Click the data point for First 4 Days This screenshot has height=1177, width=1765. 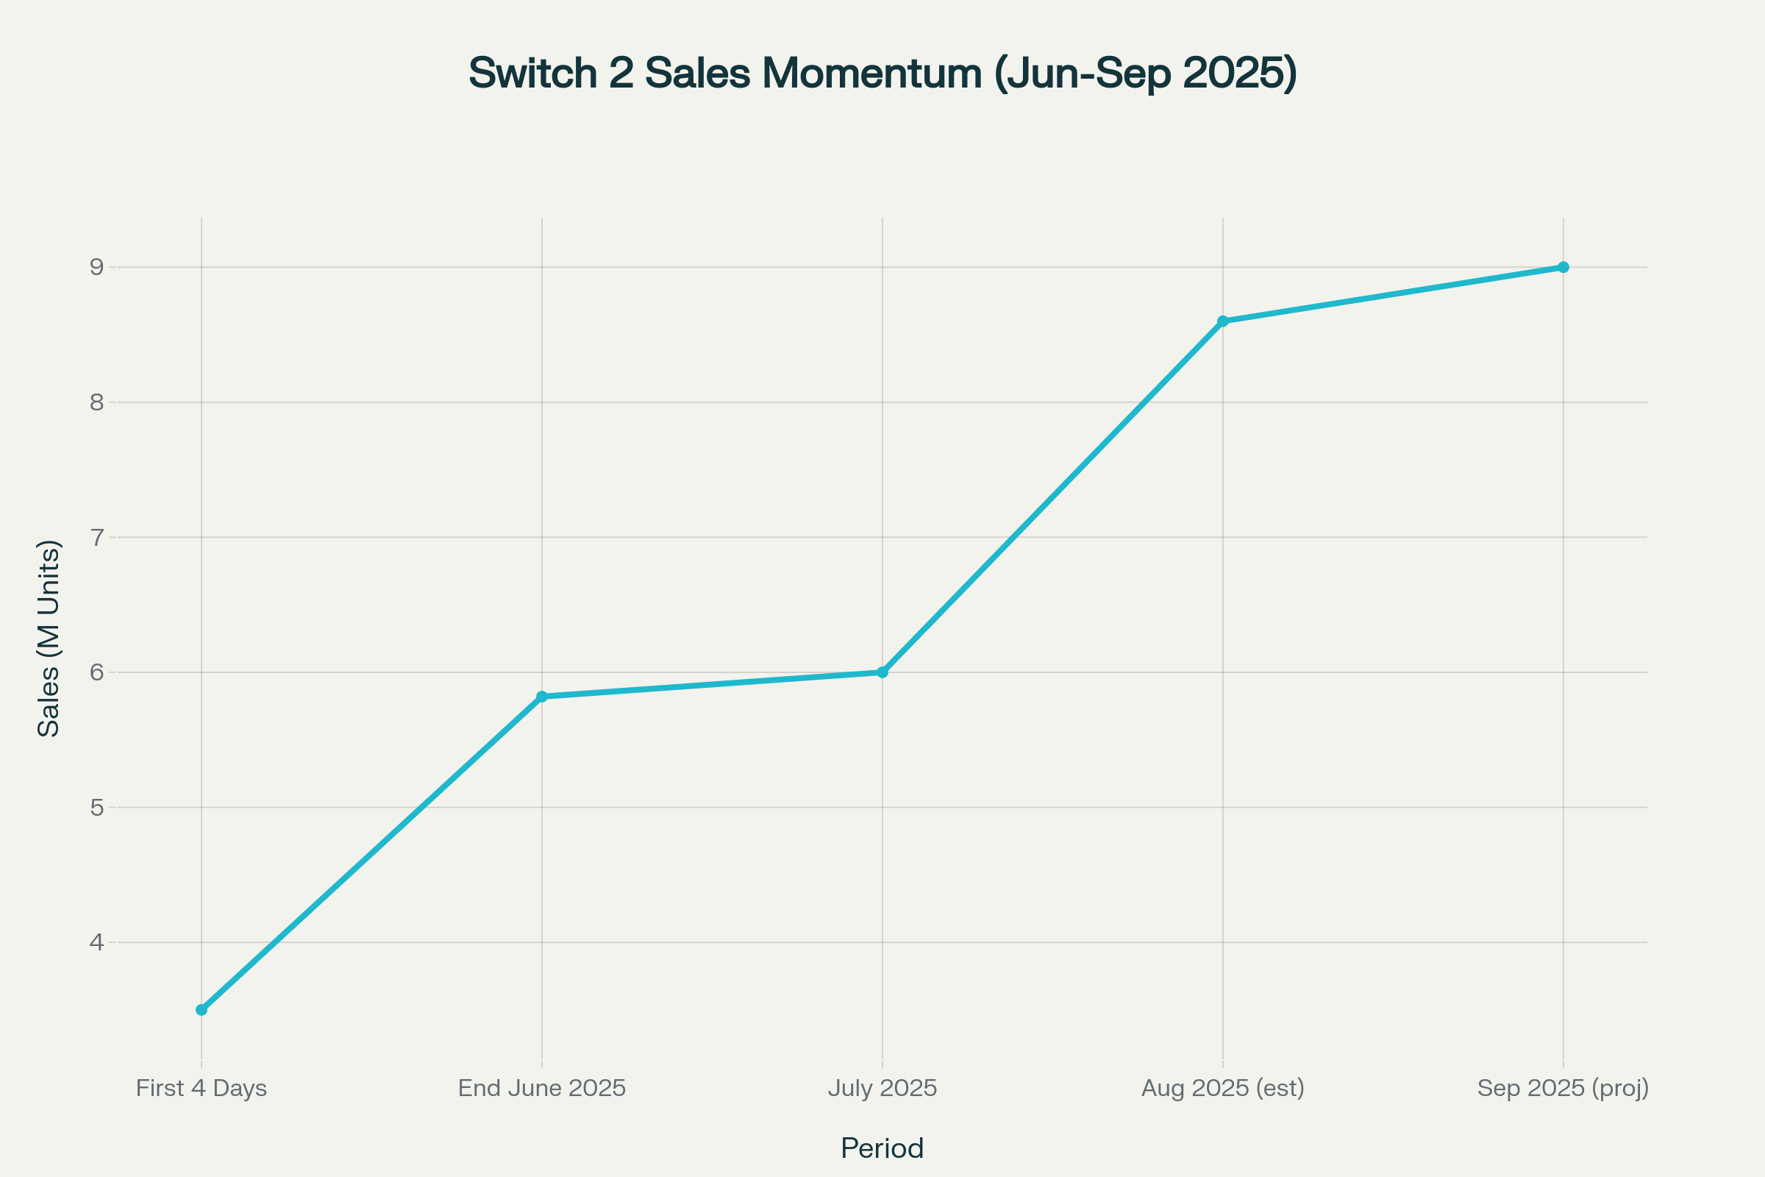(x=201, y=1009)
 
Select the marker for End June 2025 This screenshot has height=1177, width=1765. (x=542, y=697)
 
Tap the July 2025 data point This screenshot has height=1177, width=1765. (x=883, y=672)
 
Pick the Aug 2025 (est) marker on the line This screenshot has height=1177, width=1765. (x=1223, y=321)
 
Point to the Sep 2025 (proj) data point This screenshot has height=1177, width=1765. (x=1563, y=267)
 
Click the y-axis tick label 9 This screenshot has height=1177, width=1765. (x=97, y=267)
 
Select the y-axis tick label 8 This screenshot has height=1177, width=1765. (x=97, y=402)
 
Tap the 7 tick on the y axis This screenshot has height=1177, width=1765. (x=97, y=538)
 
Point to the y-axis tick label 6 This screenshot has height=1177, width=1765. (x=97, y=672)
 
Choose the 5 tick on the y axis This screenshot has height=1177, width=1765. (x=97, y=808)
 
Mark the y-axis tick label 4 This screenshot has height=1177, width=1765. (x=97, y=942)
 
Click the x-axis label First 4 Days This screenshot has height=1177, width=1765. (x=201, y=1089)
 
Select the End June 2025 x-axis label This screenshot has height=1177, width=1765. (x=542, y=1089)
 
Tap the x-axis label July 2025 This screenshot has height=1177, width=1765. (x=883, y=1089)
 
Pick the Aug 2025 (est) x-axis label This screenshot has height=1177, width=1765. (x=1223, y=1089)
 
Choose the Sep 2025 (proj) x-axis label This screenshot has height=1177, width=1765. (x=1563, y=1089)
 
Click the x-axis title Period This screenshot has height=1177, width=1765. (x=883, y=1148)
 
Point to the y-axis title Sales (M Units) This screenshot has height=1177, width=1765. (x=49, y=638)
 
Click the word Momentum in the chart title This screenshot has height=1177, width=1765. (x=872, y=74)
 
